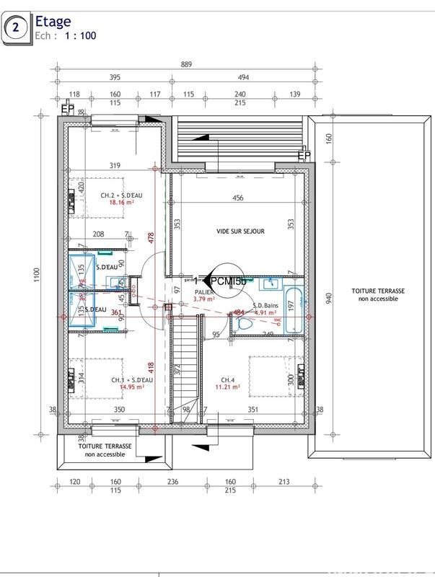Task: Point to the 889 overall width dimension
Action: tap(186, 64)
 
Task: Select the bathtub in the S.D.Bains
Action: tap(294, 310)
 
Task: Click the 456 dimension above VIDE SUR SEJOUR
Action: tap(237, 198)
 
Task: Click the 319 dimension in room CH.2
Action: tap(114, 164)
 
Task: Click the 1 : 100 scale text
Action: tap(81, 34)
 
